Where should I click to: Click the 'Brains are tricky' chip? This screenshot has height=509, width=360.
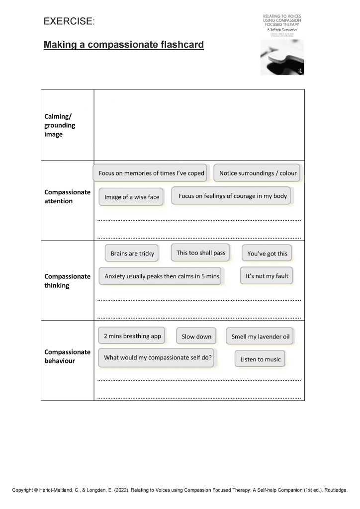[x=132, y=254]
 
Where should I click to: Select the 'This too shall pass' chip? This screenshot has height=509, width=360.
[x=201, y=253]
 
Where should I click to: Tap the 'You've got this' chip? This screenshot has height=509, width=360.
[x=267, y=254]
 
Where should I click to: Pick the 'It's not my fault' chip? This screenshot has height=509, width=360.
[x=267, y=276]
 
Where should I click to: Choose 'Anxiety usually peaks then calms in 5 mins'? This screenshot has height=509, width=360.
[x=162, y=276]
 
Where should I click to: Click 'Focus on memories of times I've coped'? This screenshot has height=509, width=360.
[x=151, y=173]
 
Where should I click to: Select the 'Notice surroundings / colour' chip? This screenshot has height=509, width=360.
[x=258, y=173]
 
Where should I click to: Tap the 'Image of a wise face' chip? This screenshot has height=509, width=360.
[x=132, y=197]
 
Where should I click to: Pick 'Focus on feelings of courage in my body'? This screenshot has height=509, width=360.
[x=233, y=196]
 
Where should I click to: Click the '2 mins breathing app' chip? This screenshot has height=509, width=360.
[x=132, y=336]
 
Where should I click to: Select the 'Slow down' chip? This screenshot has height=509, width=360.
[x=196, y=337]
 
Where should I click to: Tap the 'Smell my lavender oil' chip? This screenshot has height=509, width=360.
[x=260, y=337]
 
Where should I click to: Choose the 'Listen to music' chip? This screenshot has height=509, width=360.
[x=260, y=359]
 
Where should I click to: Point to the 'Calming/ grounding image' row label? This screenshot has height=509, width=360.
[x=60, y=125]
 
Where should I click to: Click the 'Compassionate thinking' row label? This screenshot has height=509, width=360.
[x=67, y=281]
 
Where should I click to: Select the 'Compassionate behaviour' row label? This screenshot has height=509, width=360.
[x=67, y=356]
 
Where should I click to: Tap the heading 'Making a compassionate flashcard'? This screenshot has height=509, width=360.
[x=124, y=45]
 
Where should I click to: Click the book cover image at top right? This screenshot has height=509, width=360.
[x=282, y=45]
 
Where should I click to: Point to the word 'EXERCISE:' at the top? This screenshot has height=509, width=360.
[x=69, y=21]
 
